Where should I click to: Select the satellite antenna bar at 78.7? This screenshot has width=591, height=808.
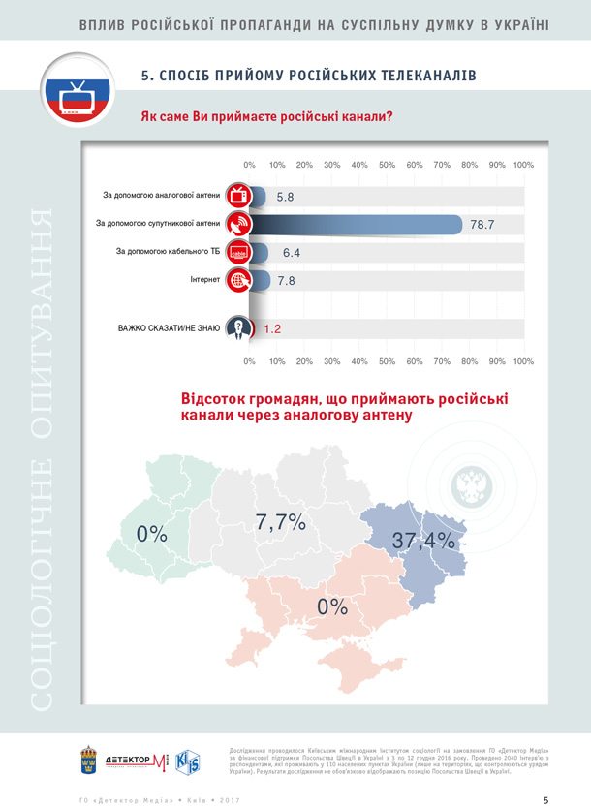pos(358,225)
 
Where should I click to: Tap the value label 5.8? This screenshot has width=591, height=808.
pos(285,197)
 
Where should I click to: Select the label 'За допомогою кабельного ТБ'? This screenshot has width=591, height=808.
pos(169,252)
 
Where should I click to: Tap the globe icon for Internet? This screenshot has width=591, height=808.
pos(237,280)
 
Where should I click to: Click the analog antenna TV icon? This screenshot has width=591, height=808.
pos(238,196)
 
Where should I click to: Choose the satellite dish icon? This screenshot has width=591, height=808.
pos(238,225)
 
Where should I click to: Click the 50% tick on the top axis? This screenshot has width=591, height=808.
pos(387,165)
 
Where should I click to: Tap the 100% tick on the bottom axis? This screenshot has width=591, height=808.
pos(523,360)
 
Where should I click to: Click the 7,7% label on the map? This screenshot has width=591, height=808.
pos(281,523)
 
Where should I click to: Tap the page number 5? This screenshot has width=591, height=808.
pos(546,800)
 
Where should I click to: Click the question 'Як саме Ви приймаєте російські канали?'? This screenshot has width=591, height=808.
pos(266,117)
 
